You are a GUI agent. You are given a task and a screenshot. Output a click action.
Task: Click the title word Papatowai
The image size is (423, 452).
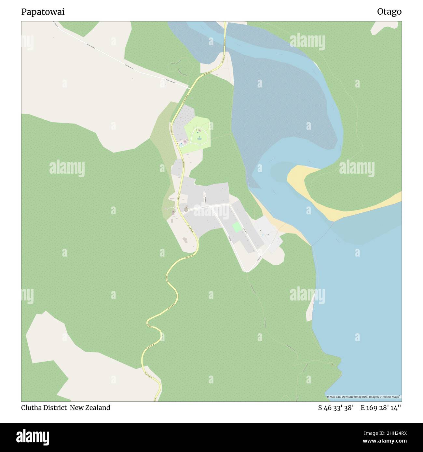(x=43, y=12)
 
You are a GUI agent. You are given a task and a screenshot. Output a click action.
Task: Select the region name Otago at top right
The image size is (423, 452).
(x=389, y=12)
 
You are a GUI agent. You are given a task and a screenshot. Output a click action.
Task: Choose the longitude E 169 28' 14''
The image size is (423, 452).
(x=381, y=408)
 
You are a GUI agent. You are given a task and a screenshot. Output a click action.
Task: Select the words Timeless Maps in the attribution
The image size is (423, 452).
(x=392, y=397)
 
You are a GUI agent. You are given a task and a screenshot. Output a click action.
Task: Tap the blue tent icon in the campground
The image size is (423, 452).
(x=199, y=137)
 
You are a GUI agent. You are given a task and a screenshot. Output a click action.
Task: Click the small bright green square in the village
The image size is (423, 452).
(x=237, y=227)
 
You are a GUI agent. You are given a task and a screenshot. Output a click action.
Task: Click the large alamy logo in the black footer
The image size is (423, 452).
(x=33, y=437)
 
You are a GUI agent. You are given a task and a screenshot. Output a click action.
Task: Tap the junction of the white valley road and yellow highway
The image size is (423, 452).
(x=189, y=87)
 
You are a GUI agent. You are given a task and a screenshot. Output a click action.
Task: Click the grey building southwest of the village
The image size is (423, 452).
(x=185, y=240)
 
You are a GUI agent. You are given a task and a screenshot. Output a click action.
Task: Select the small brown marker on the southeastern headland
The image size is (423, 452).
(x=332, y=364)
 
